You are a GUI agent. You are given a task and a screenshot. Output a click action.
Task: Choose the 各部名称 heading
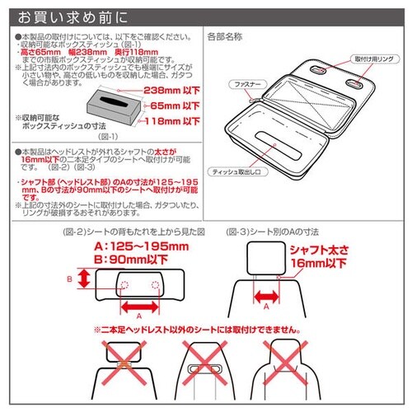223,38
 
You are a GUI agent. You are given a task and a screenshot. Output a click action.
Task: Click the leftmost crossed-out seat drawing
123,370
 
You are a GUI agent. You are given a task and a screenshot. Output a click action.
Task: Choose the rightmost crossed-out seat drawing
289,370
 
